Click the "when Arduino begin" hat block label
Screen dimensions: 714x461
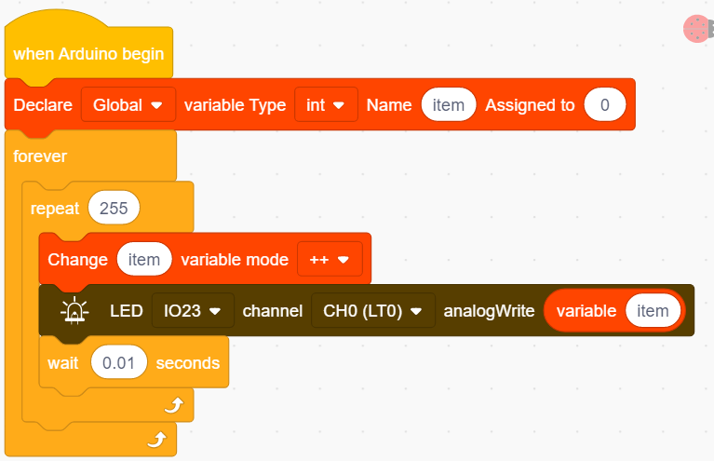coord(88,54)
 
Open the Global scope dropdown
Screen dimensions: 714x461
coord(128,105)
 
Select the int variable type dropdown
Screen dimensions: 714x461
coord(326,105)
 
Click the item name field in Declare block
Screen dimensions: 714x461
coord(449,105)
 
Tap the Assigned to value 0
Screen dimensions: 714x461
coord(605,105)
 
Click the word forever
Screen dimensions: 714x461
coord(40,156)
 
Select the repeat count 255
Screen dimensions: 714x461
coord(114,209)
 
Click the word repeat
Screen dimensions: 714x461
coord(55,210)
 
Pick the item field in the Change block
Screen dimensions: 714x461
coord(144,260)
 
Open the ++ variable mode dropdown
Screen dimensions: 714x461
coord(330,260)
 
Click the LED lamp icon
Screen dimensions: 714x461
coord(74,311)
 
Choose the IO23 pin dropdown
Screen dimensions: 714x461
coord(193,311)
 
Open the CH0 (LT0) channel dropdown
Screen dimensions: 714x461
coord(373,311)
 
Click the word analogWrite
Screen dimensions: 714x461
coord(489,311)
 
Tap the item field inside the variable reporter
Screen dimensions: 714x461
coord(653,311)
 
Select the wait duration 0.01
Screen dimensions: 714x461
coord(119,363)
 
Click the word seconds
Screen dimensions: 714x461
coord(188,363)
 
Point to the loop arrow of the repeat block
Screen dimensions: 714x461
coord(174,404)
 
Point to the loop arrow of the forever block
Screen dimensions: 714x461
coord(157,440)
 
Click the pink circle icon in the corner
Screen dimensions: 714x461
coord(696,29)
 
